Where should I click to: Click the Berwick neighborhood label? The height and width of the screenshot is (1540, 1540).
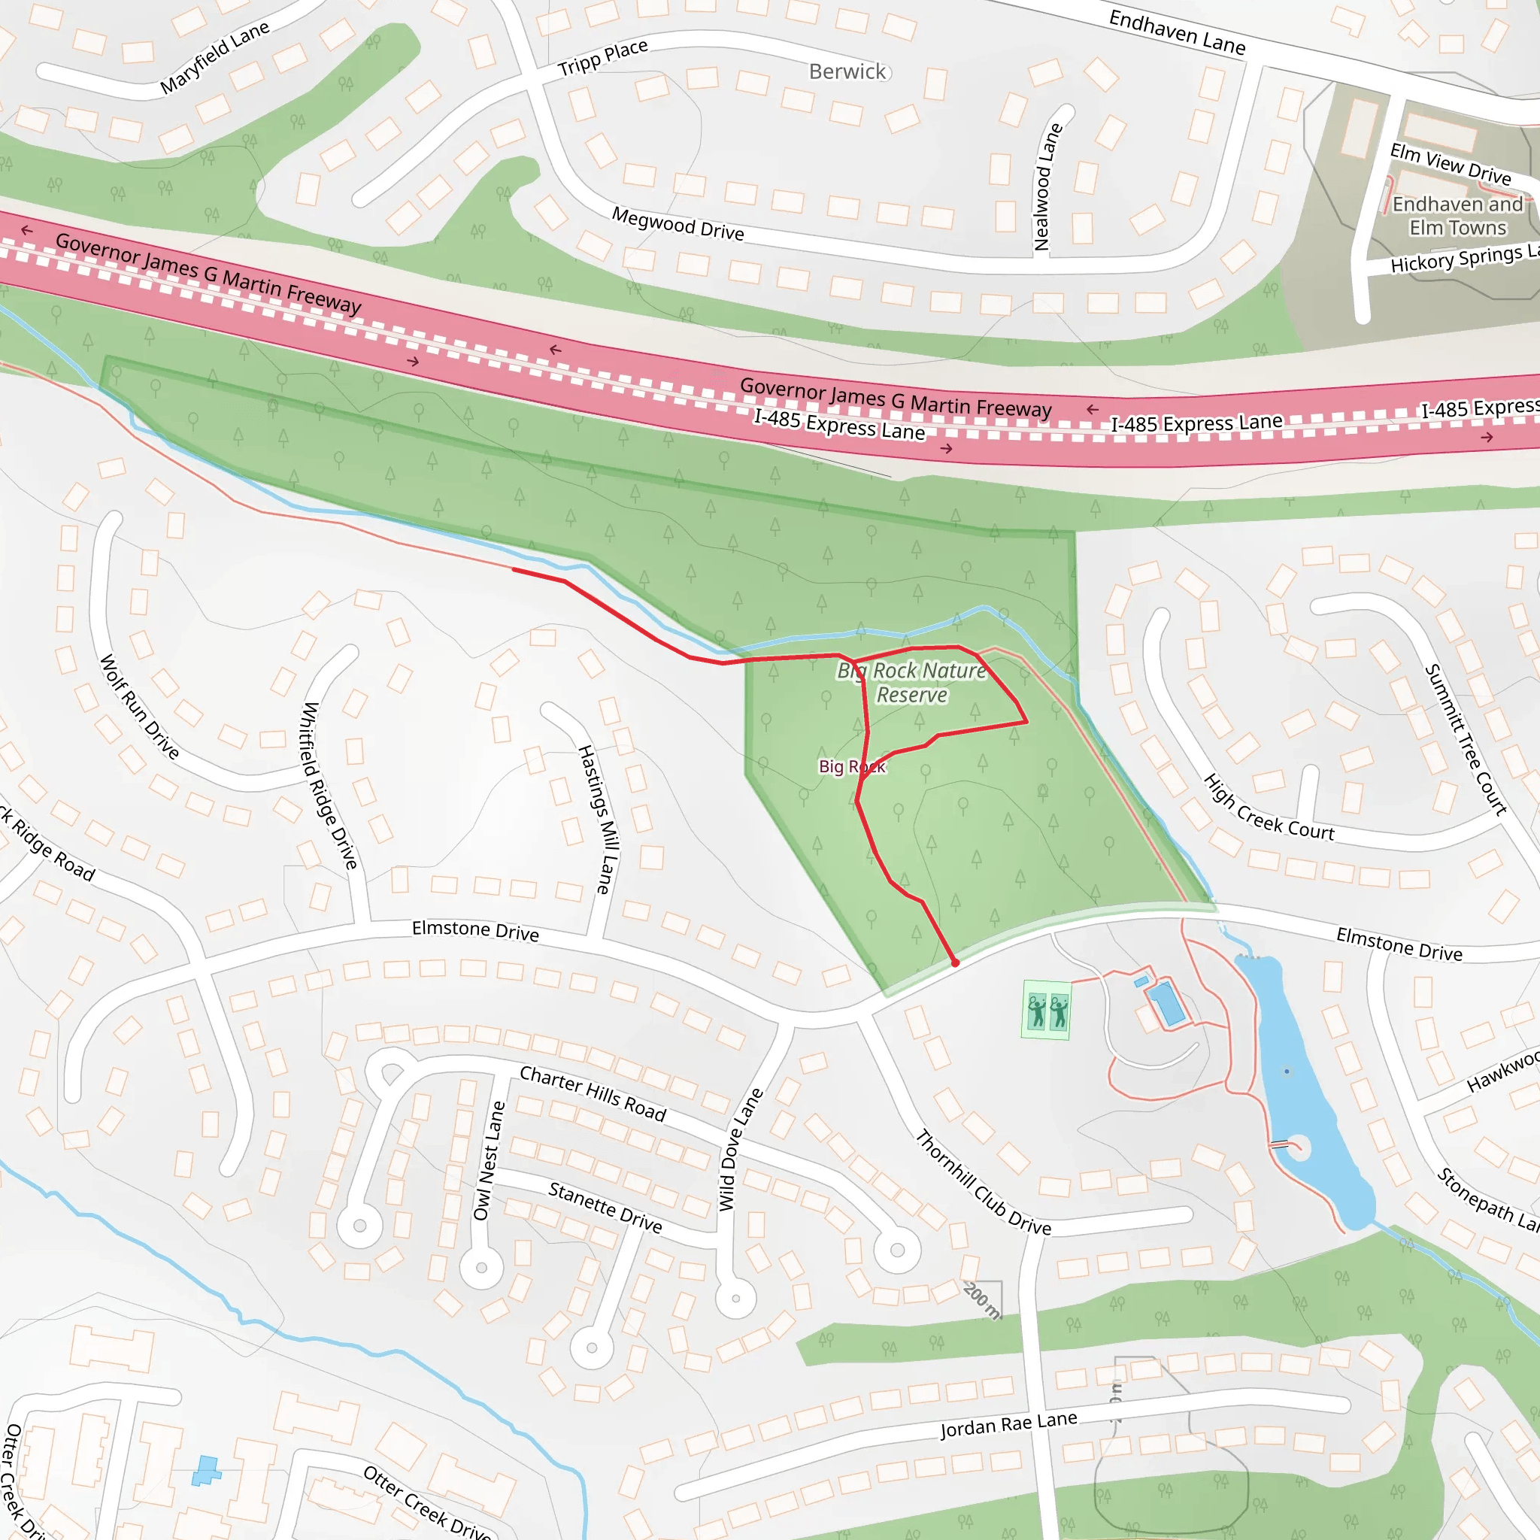point(847,71)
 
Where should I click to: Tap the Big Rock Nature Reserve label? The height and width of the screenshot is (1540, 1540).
point(911,682)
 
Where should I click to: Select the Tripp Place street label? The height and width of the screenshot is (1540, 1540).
point(602,57)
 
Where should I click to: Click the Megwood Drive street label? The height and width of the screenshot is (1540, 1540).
point(678,223)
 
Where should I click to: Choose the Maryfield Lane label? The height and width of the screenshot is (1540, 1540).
point(214,57)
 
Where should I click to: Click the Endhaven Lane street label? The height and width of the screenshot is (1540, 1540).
point(1177,32)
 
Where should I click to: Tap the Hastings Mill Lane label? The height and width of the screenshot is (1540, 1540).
point(597,819)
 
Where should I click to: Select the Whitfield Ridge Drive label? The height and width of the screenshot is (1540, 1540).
point(329,785)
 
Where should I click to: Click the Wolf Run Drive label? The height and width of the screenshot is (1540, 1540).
point(140,706)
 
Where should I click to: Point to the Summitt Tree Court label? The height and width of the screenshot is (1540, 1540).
point(1465,740)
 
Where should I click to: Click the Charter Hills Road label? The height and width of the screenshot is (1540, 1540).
point(593,1093)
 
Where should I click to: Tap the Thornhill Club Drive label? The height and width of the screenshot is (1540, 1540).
point(982,1182)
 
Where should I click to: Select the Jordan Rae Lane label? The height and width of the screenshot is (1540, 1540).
point(1008,1423)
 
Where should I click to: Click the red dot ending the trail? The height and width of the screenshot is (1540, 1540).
point(955,963)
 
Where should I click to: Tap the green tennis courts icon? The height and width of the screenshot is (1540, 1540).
point(1046,1010)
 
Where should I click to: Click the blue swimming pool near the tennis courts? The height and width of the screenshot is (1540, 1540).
point(1166,1003)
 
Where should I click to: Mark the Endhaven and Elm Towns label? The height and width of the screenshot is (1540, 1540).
point(1457,216)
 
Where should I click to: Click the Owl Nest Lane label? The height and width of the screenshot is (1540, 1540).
point(490,1160)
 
